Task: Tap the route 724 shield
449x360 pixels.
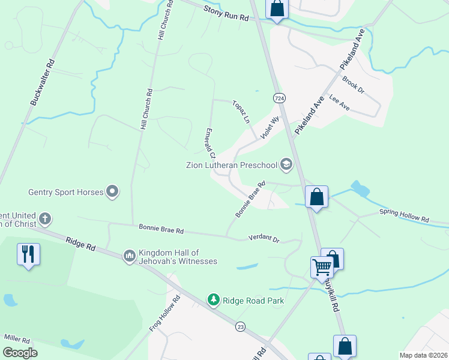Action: tap(279, 97)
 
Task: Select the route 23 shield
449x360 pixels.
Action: tap(241, 326)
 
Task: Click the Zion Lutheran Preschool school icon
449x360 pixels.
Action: tap(286, 164)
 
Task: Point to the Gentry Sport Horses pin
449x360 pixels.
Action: tap(112, 192)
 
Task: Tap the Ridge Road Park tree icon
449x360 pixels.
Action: tap(213, 299)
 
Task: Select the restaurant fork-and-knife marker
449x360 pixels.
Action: tap(28, 254)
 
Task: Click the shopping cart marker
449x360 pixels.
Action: tap(322, 266)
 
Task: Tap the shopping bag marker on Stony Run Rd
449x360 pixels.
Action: tap(277, 9)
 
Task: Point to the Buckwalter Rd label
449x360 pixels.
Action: tap(43, 82)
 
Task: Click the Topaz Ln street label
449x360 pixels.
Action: tap(241, 111)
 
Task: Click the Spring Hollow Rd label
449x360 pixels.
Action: tap(403, 216)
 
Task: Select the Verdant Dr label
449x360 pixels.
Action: tap(264, 239)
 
